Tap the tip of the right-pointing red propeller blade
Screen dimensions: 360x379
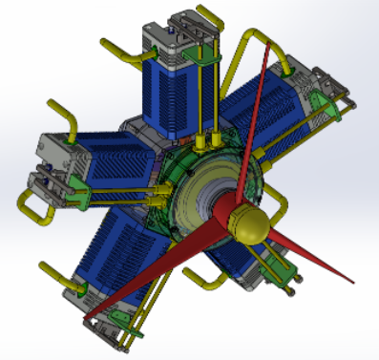pos(354,283)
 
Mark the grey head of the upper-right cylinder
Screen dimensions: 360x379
pos(320,91)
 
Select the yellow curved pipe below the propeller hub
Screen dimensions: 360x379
pos(200,281)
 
